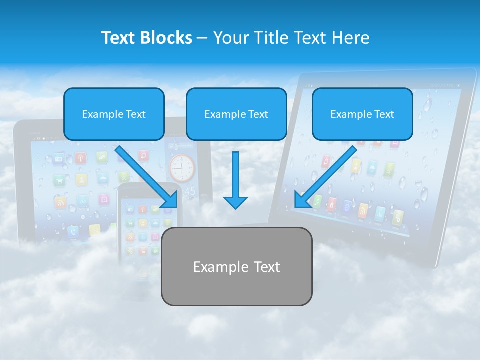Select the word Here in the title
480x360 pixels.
click(x=352, y=38)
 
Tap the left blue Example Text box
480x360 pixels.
click(x=114, y=114)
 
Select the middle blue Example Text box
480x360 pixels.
click(x=236, y=114)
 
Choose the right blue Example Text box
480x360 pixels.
click(x=362, y=114)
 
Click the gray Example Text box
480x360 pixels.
click(x=236, y=266)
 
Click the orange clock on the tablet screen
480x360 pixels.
click(x=181, y=168)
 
